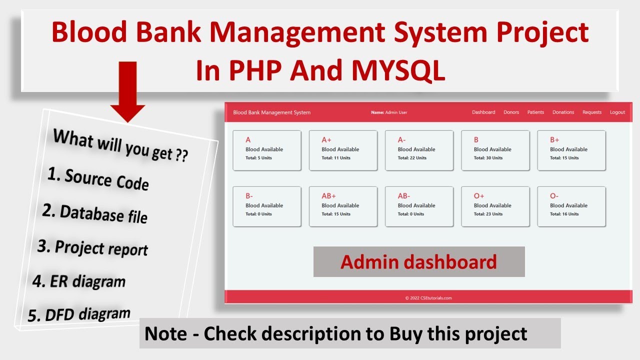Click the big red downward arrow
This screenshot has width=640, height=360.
click(127, 91)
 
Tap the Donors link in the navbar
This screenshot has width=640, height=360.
click(511, 112)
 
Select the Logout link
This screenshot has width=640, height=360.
click(617, 112)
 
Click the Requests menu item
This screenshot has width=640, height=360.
click(592, 112)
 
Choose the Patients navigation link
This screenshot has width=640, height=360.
click(535, 112)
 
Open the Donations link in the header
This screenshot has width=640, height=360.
click(563, 112)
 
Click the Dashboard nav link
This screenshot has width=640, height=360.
click(483, 112)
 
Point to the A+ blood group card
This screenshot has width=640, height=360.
click(343, 150)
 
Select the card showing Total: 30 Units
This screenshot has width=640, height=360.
click(495, 150)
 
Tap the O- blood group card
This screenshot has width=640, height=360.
click(571, 206)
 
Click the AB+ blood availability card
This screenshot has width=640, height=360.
click(343, 206)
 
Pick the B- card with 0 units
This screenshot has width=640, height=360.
click(267, 206)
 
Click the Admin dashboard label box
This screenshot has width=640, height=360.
click(419, 261)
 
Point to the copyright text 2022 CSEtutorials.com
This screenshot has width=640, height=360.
click(428, 298)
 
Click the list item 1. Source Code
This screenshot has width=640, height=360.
click(98, 179)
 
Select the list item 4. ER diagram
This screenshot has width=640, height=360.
click(79, 281)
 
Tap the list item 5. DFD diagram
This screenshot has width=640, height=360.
click(79, 314)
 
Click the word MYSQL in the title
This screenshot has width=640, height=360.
click(398, 70)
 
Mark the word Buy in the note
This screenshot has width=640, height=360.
click(405, 333)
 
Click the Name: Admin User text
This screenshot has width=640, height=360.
click(389, 112)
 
